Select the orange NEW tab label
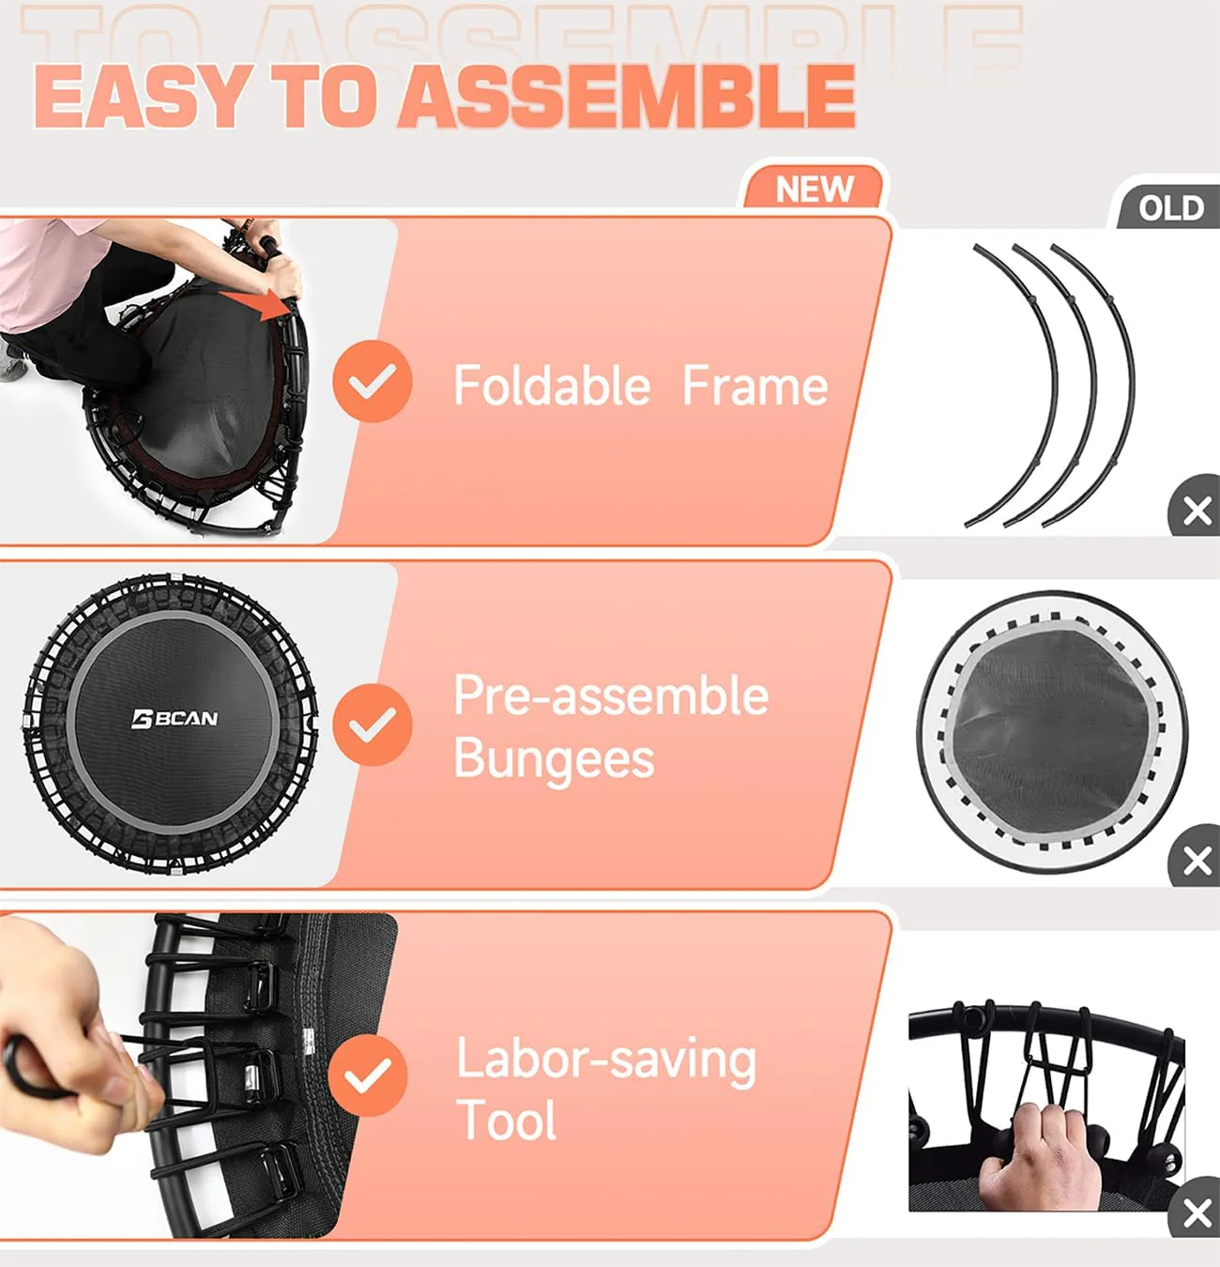[814, 190]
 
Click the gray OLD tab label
[1170, 207]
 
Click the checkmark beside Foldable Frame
[373, 381]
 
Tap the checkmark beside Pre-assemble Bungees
[373, 724]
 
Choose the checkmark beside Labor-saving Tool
[369, 1076]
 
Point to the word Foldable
[551, 386]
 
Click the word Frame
[755, 386]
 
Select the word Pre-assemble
[611, 696]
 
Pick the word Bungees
[554, 759]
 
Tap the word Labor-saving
[606, 1060]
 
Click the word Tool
[506, 1121]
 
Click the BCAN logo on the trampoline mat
[175, 719]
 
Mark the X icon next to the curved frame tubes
[1197, 511]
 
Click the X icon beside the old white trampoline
[1197, 860]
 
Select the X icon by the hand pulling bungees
[1197, 1213]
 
